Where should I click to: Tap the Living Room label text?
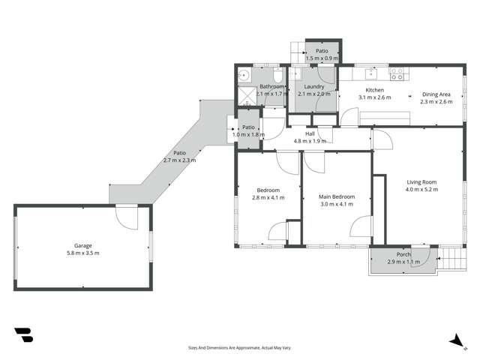[421, 182]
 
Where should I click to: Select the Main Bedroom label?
[337, 196]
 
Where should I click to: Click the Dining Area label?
[436, 94]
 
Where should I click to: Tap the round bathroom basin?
[244, 76]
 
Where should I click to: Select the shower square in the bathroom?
[246, 95]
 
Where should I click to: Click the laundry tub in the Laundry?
[295, 74]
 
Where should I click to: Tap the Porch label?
[403, 254]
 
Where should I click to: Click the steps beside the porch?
[450, 259]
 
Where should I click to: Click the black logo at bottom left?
[23, 335]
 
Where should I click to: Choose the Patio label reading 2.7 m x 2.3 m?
[179, 156]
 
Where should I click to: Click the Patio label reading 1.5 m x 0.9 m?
[321, 54]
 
